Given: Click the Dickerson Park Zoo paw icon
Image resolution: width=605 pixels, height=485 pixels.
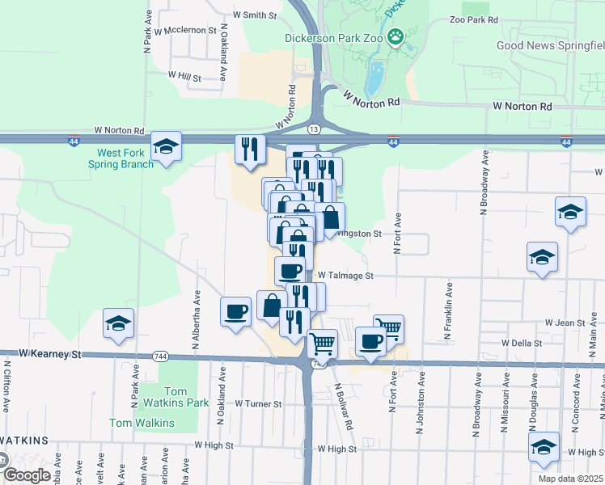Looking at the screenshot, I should coord(396,36).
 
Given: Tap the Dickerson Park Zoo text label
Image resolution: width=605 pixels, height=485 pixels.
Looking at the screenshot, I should coord(333,37).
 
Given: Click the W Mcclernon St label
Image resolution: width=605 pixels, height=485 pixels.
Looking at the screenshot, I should coord(187,31).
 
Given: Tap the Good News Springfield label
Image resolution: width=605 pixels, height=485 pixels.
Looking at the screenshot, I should coord(550,46).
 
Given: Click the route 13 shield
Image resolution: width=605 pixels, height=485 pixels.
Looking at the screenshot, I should coord(314,129).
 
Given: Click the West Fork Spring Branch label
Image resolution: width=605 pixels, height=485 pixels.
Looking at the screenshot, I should coord(125,158).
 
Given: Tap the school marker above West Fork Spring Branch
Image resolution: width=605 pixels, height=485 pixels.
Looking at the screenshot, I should coord(167,146).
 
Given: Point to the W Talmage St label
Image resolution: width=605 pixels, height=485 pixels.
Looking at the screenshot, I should coord(345,276).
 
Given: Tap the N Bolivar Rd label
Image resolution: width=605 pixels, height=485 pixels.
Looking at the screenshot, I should coord(344,406).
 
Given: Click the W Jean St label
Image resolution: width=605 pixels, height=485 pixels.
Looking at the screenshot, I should coord(565,323).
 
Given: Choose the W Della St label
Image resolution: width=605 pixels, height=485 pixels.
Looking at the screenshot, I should coord(522,343).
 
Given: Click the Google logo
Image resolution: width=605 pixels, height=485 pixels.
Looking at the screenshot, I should coord(25,475).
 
